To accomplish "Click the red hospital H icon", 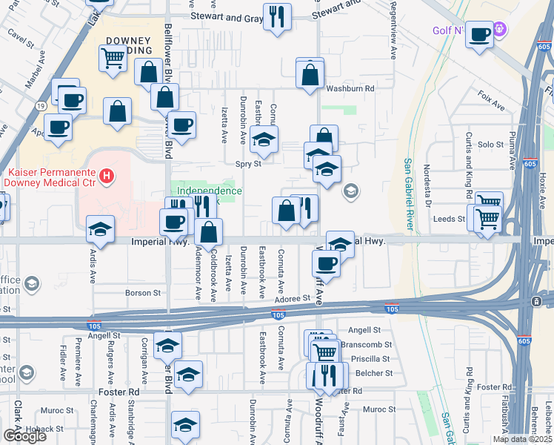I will coord(107,176).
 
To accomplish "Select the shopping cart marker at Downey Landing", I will coord(113,58).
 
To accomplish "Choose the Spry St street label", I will coord(249,164).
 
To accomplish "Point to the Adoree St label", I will coord(292,298).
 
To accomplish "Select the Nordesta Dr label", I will coord(427,183).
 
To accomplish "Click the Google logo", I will coord(24,436).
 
